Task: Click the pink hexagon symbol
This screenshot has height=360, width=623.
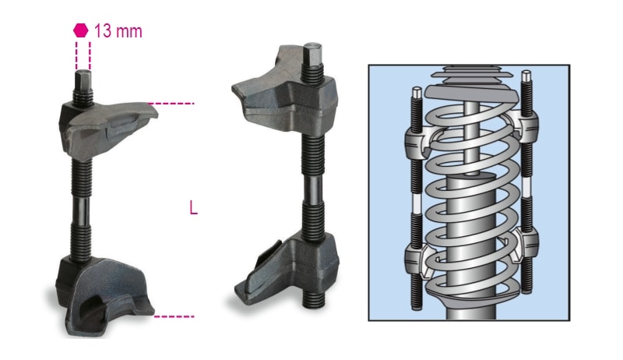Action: (81, 30)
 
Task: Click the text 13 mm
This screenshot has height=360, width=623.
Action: (118, 31)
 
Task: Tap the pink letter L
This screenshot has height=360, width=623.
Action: (193, 207)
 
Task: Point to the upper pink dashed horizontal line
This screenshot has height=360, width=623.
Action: (171, 104)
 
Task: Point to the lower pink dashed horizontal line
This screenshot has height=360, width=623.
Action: (174, 316)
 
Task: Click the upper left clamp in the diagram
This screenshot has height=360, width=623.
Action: (417, 141)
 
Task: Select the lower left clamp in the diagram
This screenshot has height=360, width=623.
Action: (417, 258)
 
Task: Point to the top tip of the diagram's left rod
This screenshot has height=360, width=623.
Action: (417, 92)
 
